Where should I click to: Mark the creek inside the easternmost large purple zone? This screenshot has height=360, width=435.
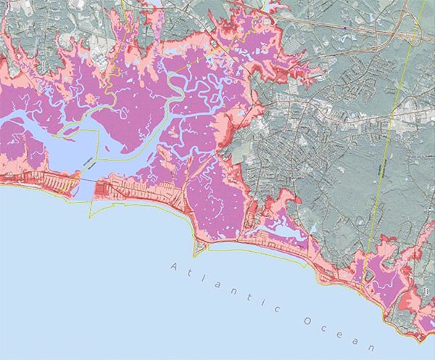click(388, 279)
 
